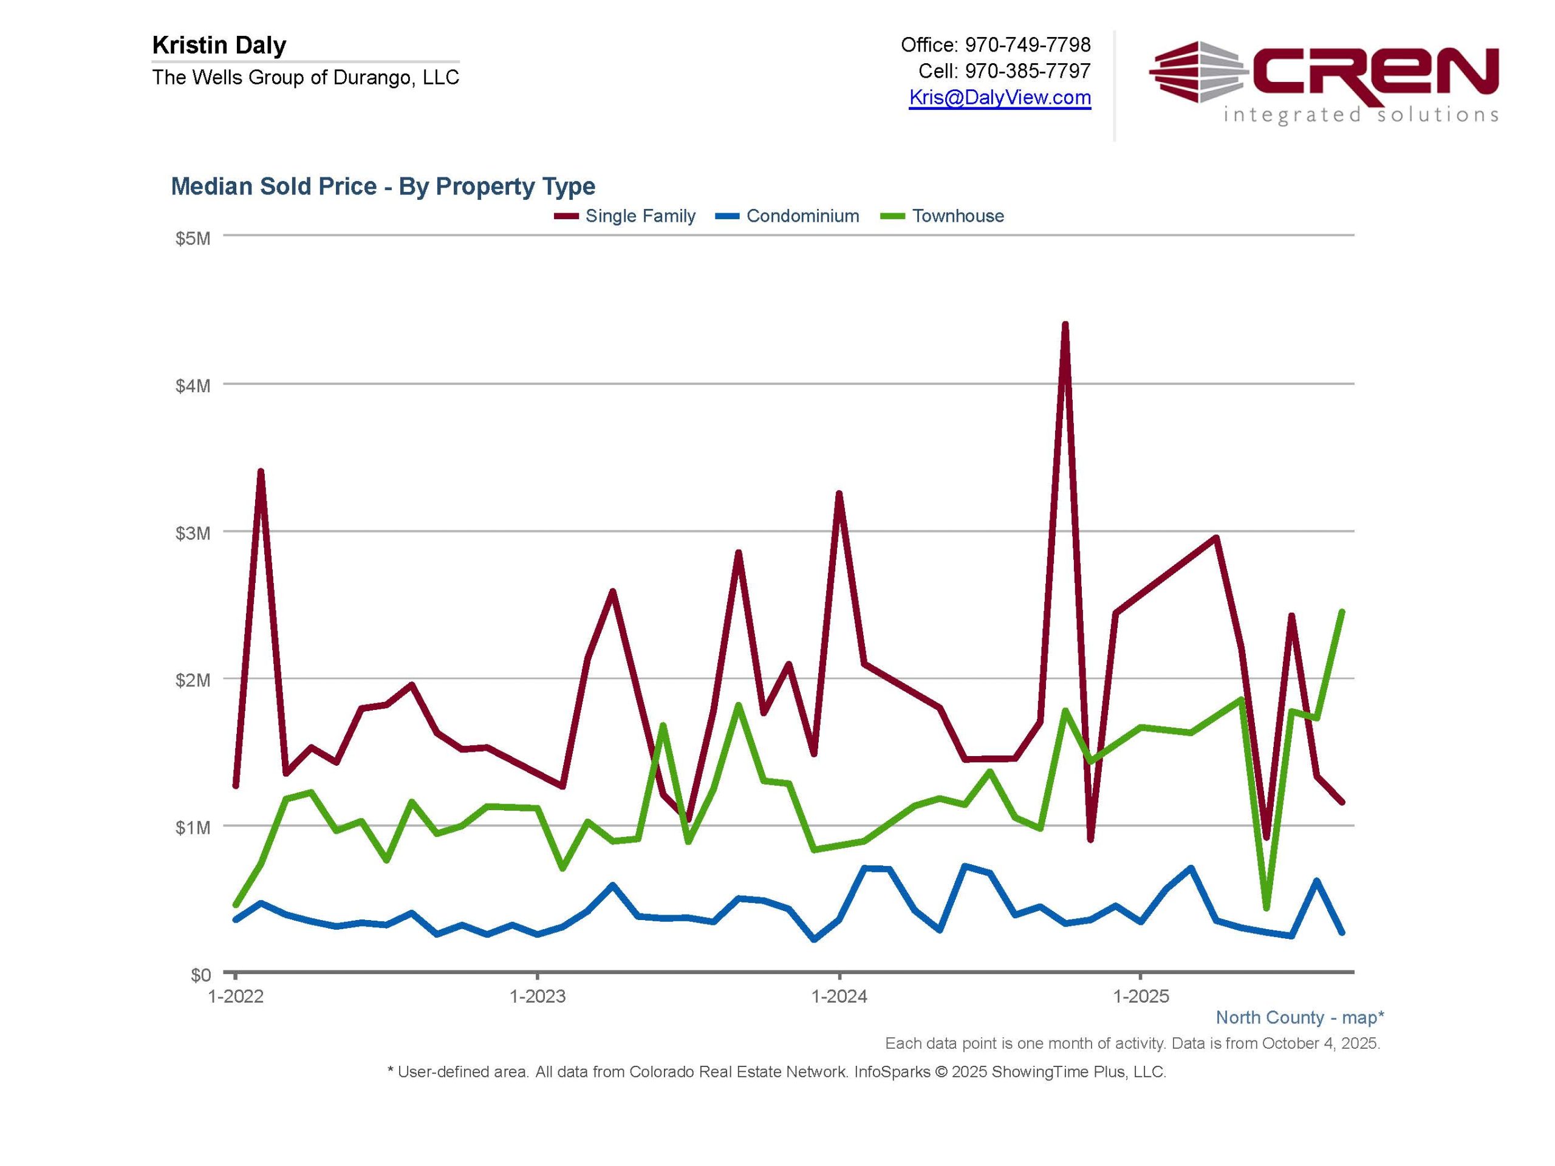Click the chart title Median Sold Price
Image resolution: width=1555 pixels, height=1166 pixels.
pos(383,186)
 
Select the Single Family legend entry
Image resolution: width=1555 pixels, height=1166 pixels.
pos(640,216)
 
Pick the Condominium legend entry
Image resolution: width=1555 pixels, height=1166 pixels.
pos(802,216)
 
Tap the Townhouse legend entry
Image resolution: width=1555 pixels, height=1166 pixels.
pos(957,216)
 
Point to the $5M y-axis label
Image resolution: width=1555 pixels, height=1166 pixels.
pos(193,238)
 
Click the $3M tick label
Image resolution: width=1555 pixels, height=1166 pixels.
pos(193,533)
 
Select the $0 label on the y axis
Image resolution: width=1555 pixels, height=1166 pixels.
pos(200,975)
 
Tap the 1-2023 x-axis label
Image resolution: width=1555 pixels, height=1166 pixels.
pos(537,996)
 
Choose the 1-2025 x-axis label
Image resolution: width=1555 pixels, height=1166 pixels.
pos(1141,996)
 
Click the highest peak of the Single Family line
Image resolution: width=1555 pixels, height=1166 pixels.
pos(1065,325)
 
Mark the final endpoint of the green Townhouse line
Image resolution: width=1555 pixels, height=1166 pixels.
pos(1341,612)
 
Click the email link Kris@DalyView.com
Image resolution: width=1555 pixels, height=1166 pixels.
pos(1000,97)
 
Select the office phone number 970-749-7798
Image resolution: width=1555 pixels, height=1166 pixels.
pos(1027,45)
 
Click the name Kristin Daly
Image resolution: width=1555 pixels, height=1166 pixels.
pos(219,46)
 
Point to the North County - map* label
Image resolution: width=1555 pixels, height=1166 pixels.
pos(1300,1017)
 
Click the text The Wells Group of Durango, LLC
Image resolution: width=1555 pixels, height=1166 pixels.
pos(306,77)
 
